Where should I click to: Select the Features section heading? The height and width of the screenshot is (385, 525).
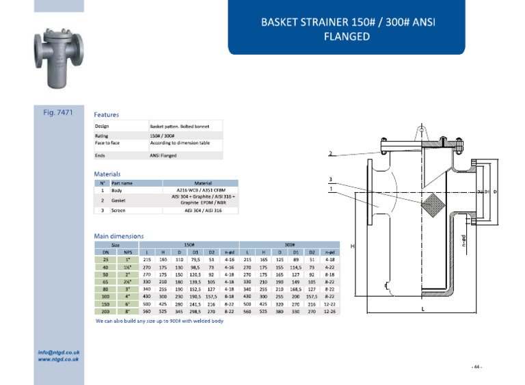(x=106, y=115)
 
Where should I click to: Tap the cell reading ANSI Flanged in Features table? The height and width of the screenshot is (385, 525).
(x=163, y=156)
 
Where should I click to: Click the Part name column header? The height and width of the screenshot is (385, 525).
(x=122, y=183)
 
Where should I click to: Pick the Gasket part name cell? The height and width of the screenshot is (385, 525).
(x=118, y=200)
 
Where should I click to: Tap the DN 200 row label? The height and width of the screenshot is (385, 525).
(x=106, y=310)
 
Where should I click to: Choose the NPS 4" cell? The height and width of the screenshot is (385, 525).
(x=128, y=296)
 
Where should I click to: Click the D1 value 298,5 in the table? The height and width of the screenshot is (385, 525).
(x=195, y=310)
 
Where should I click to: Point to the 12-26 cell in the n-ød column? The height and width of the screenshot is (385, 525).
(x=329, y=310)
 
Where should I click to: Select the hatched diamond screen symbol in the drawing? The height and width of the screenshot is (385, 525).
(x=432, y=202)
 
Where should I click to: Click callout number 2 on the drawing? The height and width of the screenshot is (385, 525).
(x=330, y=153)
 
